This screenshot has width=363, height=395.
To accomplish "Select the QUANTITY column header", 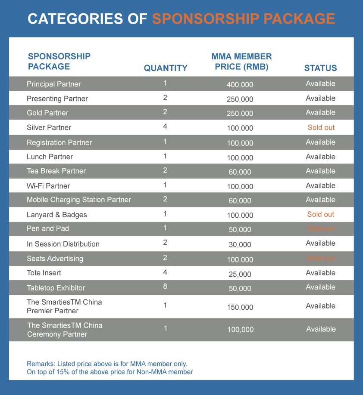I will pyautogui.click(x=166, y=68).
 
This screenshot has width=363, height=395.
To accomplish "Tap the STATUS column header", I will pyautogui.click(x=320, y=68).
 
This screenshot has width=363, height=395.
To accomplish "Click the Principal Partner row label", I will pyautogui.click(x=54, y=84).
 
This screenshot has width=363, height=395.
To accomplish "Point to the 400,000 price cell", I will pyautogui.click(x=240, y=85).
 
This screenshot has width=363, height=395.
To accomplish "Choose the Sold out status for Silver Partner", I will pyautogui.click(x=321, y=127).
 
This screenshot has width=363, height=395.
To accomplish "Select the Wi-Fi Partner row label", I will pyautogui.click(x=48, y=186).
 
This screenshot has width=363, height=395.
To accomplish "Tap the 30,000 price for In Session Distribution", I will pyautogui.click(x=240, y=244).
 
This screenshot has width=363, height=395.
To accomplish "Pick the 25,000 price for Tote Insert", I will pyautogui.click(x=240, y=274).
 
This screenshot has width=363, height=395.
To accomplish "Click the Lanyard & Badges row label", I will pyautogui.click(x=57, y=215).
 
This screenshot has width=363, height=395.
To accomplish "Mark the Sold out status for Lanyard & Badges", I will pyautogui.click(x=321, y=214).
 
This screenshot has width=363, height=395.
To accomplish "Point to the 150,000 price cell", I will pyautogui.click(x=240, y=307).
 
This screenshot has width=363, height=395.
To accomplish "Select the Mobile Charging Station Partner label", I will pyautogui.click(x=79, y=200).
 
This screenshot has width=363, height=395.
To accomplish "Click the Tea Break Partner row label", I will pyautogui.click(x=56, y=171).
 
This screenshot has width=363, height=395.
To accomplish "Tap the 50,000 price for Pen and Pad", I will pyautogui.click(x=240, y=230).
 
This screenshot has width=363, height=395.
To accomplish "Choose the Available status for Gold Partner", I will pyautogui.click(x=320, y=112).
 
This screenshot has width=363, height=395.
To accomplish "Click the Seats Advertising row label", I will pyautogui.click(x=55, y=259).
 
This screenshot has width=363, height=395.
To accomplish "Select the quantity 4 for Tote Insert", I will pyautogui.click(x=165, y=272).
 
